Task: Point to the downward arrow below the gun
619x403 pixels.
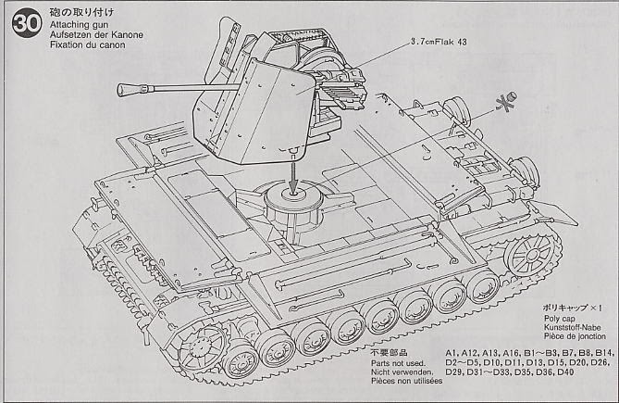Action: (293, 175)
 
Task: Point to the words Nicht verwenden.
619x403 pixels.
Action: (401, 372)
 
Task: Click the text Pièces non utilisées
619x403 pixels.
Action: (405, 382)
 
